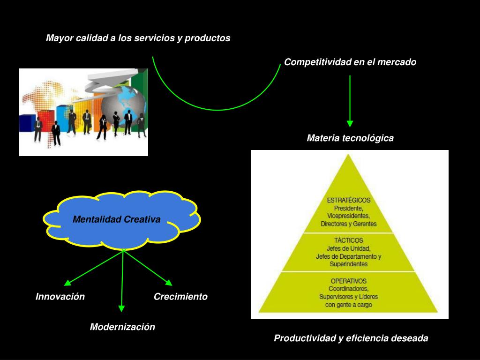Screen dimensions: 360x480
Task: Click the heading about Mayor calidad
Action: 138,38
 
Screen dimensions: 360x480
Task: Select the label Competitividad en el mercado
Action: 350,62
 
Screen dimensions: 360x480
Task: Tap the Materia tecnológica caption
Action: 350,138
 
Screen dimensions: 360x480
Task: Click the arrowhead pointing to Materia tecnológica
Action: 350,123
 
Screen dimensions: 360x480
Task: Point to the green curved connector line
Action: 217,110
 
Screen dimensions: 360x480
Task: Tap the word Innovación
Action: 60,296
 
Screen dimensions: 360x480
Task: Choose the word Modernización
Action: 122,327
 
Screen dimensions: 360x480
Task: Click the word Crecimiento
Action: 180,296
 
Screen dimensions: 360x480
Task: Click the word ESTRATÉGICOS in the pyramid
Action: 349,201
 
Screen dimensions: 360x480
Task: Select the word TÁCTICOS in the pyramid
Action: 349,240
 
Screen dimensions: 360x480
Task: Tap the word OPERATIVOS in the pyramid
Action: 349,281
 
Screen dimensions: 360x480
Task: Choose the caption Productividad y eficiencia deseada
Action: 351,338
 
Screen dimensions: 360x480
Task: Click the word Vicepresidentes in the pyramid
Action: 349,216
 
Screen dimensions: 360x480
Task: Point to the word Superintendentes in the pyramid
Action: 349,264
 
